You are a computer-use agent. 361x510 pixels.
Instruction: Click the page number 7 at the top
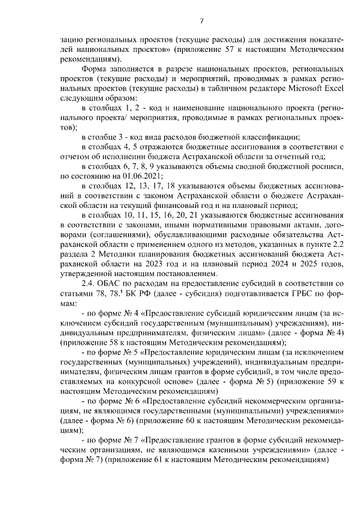201,21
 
